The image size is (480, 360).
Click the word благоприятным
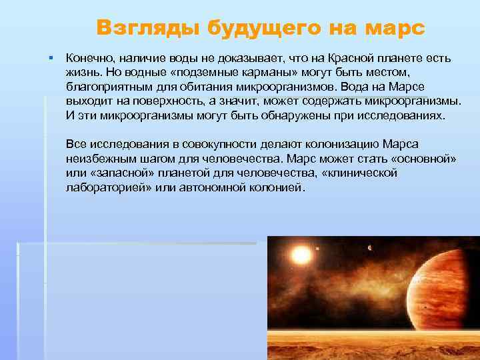[105, 87]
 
